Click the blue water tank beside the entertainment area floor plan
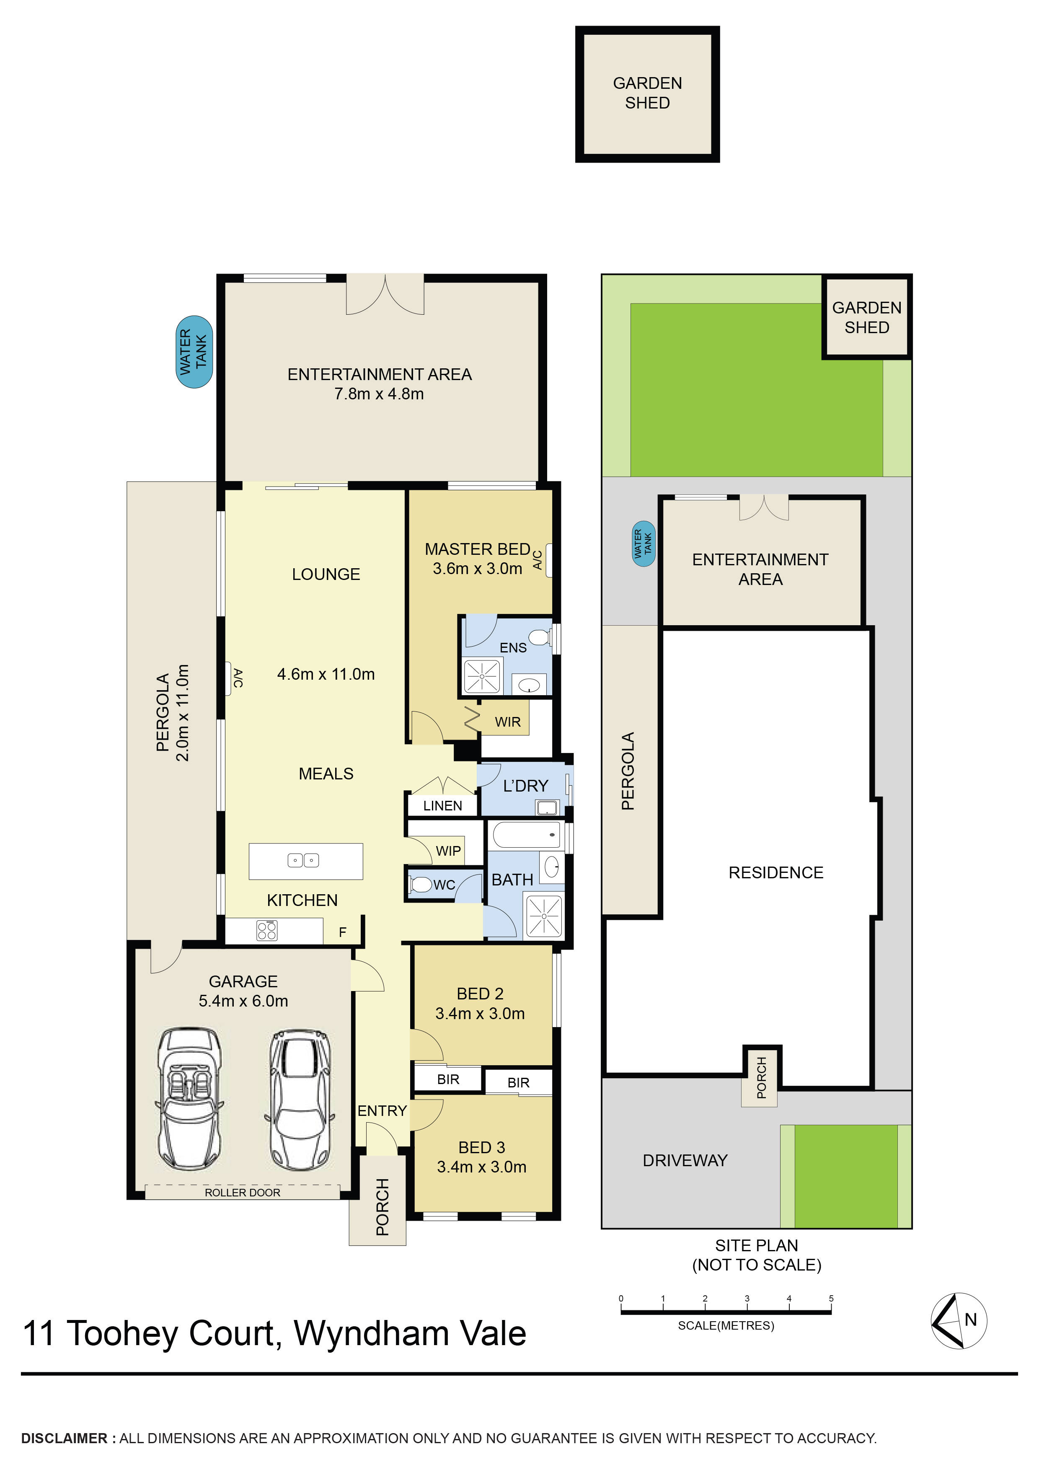click(x=194, y=352)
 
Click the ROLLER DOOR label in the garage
click(x=242, y=1193)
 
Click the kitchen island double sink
click(x=303, y=860)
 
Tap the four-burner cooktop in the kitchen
click(x=266, y=930)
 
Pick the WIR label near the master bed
click(x=508, y=722)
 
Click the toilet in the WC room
click(x=421, y=885)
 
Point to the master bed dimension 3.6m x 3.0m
click(x=478, y=569)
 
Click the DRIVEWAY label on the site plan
click(x=685, y=1161)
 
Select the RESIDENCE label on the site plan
click(x=776, y=872)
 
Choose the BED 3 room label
click(x=481, y=1147)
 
